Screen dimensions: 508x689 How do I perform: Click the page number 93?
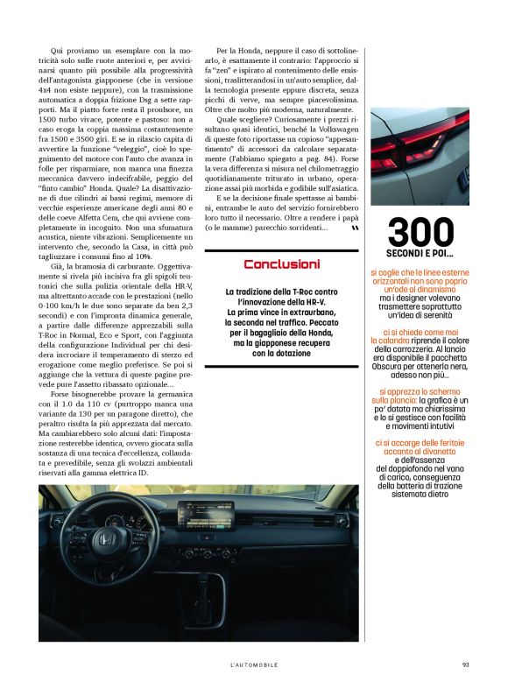[466, 664]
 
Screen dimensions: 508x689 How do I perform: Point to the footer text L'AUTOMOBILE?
[254, 664]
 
